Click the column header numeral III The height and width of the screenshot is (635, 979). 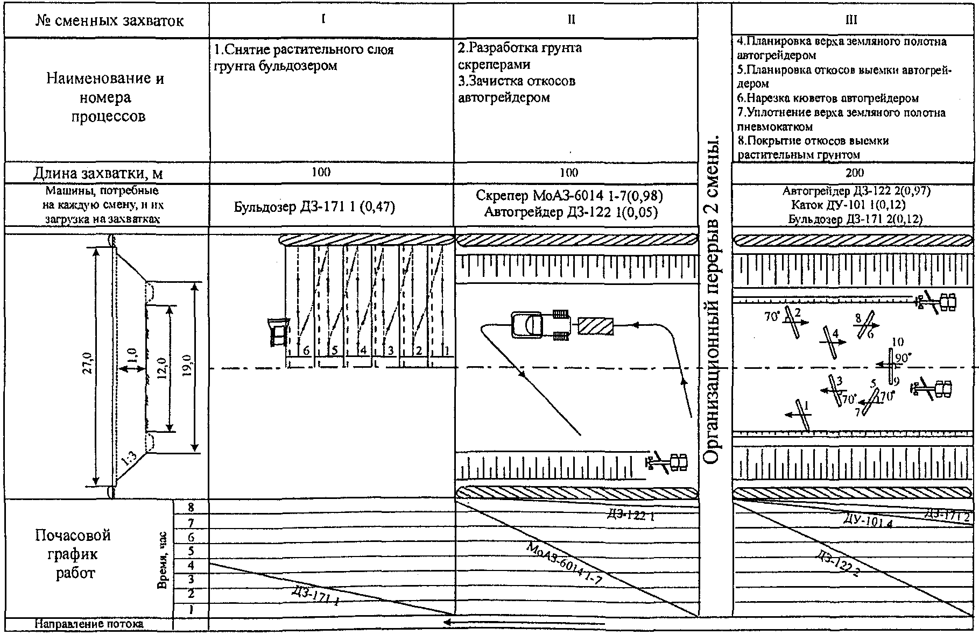(851, 20)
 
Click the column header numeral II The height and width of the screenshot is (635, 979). (572, 20)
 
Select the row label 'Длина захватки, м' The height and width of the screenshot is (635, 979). (98, 174)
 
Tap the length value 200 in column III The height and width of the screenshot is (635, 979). (854, 173)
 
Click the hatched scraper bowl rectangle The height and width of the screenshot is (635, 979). (596, 326)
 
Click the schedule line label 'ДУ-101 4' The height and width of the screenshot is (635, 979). (867, 520)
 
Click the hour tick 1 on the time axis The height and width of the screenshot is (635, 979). (191, 610)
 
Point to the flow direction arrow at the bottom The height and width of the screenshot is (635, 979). (522, 624)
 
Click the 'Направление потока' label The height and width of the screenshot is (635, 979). (89, 624)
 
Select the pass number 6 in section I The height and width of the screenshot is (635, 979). (307, 351)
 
